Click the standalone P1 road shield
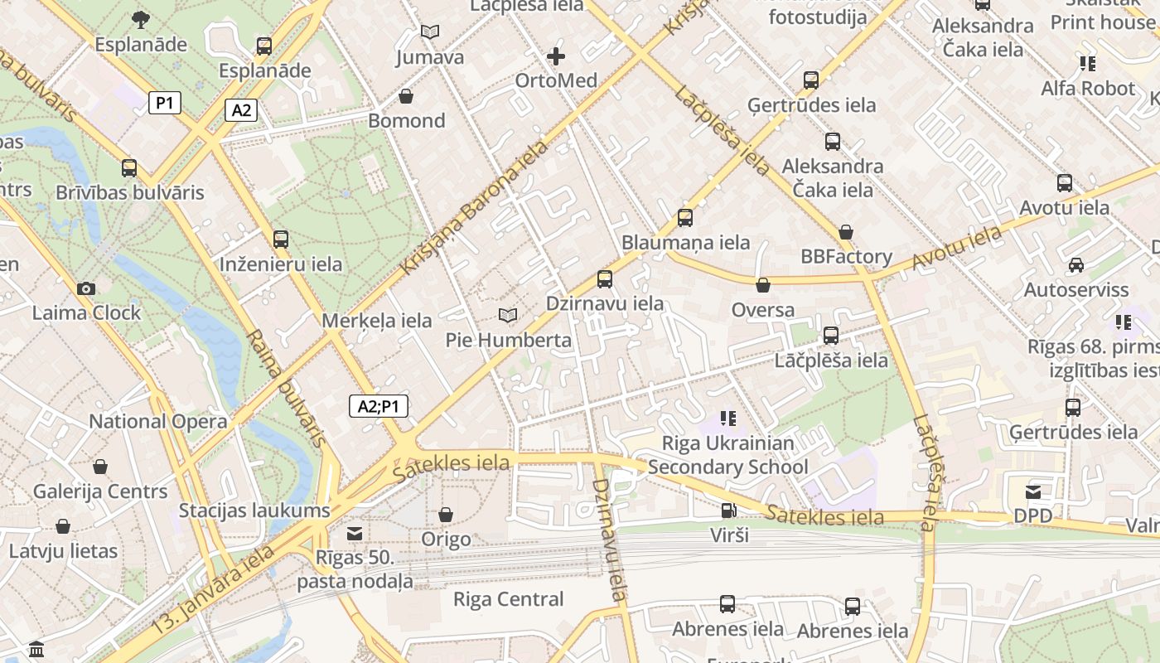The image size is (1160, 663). (x=165, y=103)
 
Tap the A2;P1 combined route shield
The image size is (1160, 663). (x=378, y=406)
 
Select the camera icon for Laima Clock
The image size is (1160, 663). (x=85, y=288)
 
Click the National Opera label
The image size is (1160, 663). (x=157, y=421)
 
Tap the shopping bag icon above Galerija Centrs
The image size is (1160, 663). (x=100, y=467)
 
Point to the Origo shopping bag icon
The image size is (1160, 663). (x=446, y=515)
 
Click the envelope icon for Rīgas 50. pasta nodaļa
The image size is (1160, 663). (x=355, y=533)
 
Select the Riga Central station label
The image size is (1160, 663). (x=508, y=599)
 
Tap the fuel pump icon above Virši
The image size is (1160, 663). (x=728, y=511)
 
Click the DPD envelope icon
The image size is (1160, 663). (x=1033, y=492)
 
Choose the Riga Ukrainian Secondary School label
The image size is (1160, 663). (x=727, y=455)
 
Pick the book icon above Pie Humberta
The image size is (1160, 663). (x=508, y=316)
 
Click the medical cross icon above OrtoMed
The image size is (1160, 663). (x=556, y=56)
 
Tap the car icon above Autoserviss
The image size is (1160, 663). (x=1075, y=265)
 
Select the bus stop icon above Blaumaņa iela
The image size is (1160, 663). (x=685, y=218)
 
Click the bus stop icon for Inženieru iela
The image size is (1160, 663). (x=281, y=240)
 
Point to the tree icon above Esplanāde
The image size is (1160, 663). (x=141, y=19)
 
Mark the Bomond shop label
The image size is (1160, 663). (x=406, y=121)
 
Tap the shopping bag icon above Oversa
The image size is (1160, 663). (x=763, y=285)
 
